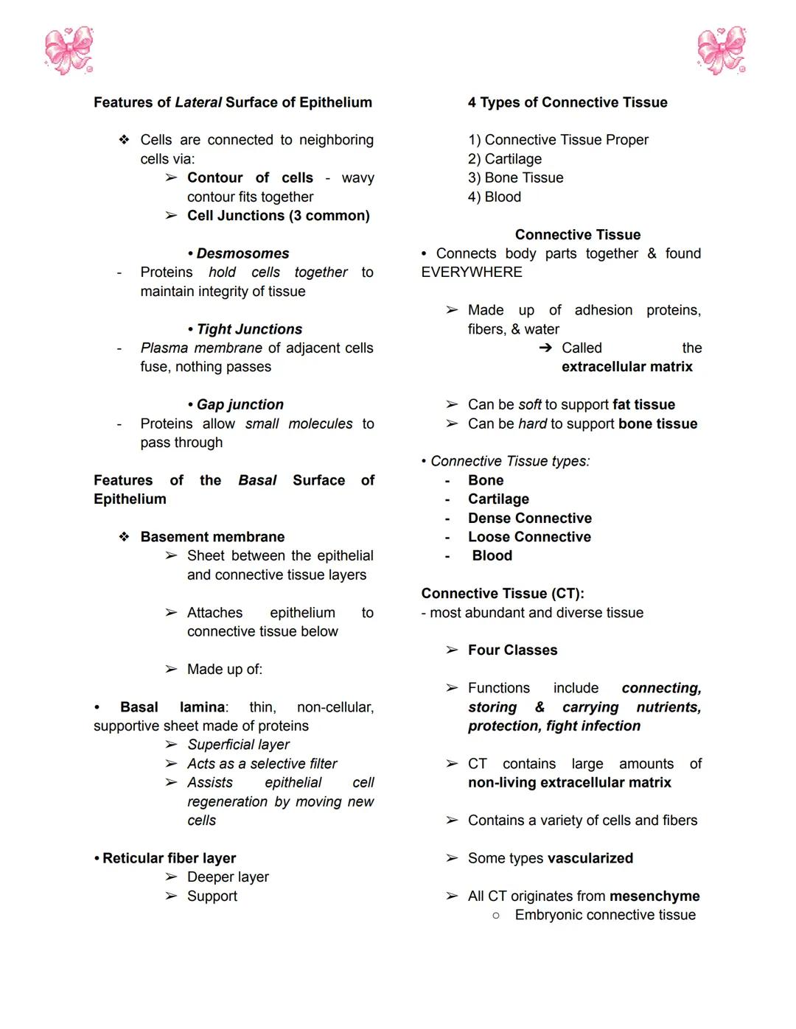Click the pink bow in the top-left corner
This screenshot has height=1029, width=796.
[x=69, y=51]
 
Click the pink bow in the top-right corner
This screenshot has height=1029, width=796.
[x=722, y=51]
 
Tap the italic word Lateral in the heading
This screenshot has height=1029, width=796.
[x=198, y=102]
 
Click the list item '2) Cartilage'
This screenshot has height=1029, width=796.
[x=505, y=159]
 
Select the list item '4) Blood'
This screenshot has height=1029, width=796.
[x=495, y=197]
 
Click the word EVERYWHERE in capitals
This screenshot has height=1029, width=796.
[x=472, y=273]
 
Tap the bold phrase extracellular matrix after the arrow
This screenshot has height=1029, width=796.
[x=626, y=367]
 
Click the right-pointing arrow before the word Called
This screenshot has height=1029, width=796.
[x=545, y=348]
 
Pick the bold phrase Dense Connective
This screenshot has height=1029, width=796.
[x=529, y=518]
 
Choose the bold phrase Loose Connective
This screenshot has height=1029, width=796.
[x=529, y=537]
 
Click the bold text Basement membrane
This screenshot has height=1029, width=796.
[x=212, y=537]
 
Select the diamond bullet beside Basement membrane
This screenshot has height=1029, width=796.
[x=124, y=537]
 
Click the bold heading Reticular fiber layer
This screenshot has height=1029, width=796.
[x=169, y=858]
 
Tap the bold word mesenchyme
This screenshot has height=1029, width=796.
[x=654, y=896]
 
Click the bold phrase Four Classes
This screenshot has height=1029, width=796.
[x=512, y=650]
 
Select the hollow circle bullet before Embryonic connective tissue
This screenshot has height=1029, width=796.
[x=496, y=916]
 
